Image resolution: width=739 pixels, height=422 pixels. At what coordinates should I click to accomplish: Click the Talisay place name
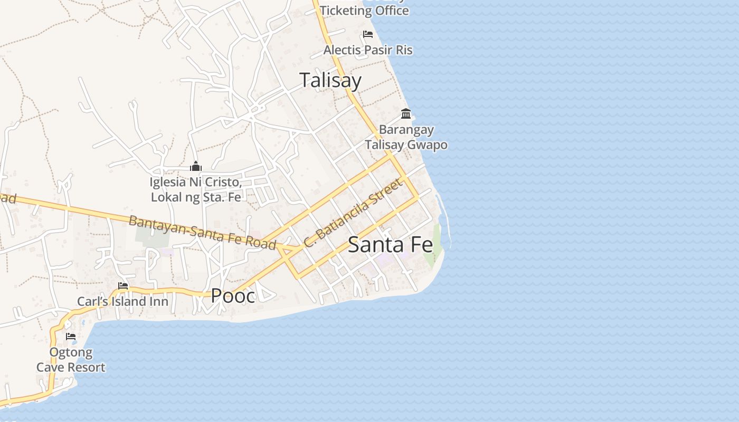pos(330,80)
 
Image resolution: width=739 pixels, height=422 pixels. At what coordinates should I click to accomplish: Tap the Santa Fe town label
pos(390,245)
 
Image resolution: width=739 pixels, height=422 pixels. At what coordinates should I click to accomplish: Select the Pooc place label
pos(233,296)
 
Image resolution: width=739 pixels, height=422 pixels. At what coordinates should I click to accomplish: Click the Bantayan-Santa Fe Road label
pos(202,233)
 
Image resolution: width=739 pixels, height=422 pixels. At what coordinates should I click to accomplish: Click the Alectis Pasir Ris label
pos(368,50)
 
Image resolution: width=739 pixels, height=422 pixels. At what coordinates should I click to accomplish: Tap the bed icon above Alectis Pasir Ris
pos(368,34)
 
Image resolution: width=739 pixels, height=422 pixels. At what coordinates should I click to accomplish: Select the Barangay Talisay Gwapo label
pos(406,137)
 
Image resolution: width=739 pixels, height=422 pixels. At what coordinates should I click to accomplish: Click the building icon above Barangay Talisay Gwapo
pos(406,113)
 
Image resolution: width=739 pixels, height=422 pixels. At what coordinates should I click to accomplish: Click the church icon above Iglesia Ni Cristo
pos(196,167)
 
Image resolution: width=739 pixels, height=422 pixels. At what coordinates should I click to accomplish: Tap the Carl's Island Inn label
pos(123,302)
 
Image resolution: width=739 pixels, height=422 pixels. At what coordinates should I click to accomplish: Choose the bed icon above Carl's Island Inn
pos(123,286)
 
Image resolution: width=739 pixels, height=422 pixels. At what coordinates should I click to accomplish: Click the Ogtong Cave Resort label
pos(71,360)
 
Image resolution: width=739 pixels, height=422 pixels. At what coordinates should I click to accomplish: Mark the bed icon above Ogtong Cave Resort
pos(71,337)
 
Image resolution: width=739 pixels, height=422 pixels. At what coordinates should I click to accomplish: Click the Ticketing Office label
pos(364,10)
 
